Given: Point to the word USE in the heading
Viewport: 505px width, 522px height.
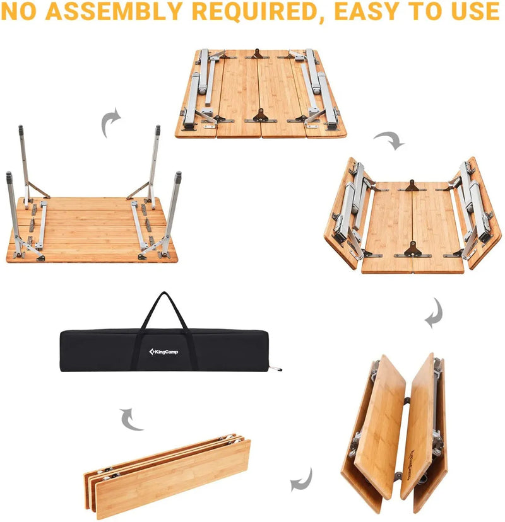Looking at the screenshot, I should click(x=473, y=12).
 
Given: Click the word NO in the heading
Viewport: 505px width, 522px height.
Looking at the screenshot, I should click(x=19, y=12).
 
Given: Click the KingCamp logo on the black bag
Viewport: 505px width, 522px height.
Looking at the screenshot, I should click(x=163, y=351).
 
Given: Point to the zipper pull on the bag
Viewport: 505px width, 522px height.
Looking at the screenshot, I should click(x=273, y=369).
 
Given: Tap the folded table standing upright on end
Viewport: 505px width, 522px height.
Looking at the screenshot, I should click(x=396, y=432).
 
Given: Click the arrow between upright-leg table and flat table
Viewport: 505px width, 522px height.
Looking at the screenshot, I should click(x=112, y=122).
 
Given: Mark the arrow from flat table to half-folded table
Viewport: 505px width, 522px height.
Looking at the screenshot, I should click(x=388, y=141).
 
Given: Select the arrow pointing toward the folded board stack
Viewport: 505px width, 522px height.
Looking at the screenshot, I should click(x=302, y=480).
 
